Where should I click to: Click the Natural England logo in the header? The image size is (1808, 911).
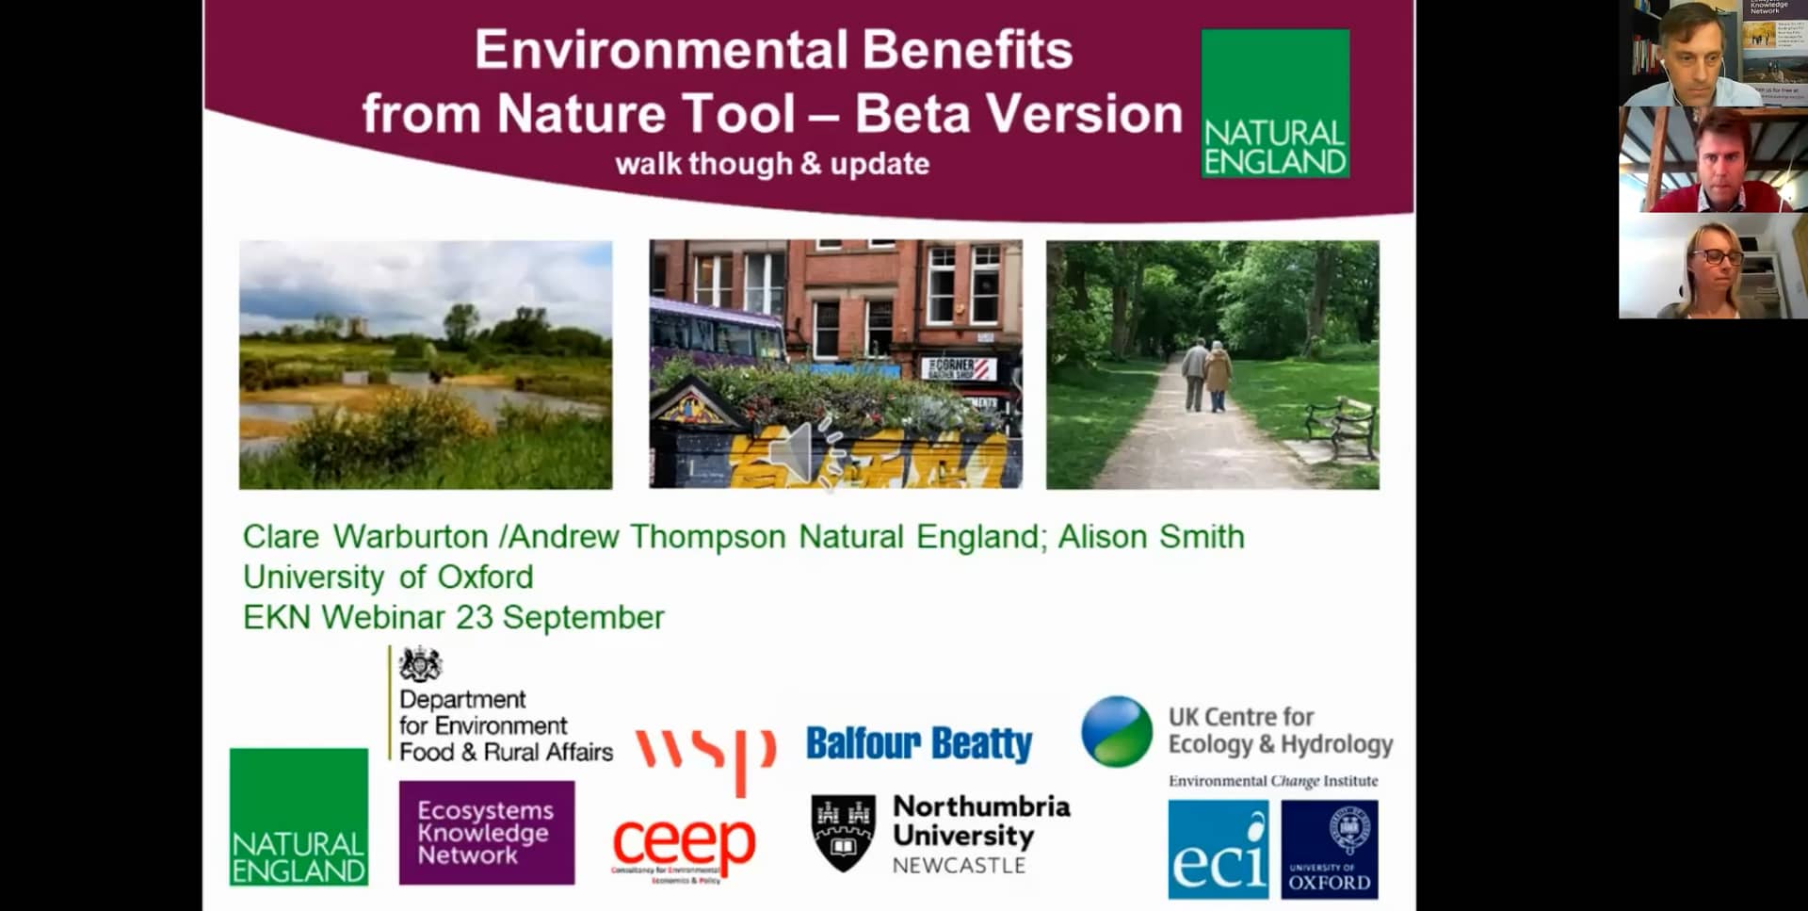click(x=1275, y=104)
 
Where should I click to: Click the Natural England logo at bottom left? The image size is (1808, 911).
click(x=299, y=817)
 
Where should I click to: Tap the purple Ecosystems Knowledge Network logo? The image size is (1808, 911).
click(x=486, y=833)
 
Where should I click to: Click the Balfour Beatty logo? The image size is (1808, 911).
click(x=919, y=743)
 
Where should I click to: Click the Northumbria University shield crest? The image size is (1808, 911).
click(x=843, y=832)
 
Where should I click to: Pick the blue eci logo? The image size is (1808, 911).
click(x=1219, y=850)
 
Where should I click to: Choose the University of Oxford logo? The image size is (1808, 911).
click(x=1330, y=850)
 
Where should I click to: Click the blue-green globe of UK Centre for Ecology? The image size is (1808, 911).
click(x=1117, y=731)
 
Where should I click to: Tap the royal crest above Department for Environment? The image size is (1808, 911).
click(x=420, y=665)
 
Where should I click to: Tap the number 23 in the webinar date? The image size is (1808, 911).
click(x=475, y=617)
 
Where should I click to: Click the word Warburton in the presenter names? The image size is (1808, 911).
click(x=411, y=537)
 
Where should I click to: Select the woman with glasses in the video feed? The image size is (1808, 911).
click(x=1713, y=268)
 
